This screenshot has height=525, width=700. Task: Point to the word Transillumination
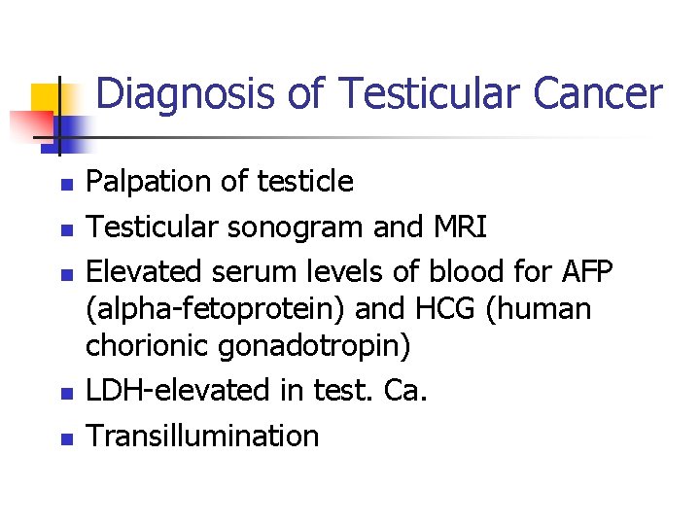(x=202, y=435)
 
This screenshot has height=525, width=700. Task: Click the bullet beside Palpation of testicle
(x=64, y=183)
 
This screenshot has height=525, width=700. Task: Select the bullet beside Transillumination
(x=64, y=437)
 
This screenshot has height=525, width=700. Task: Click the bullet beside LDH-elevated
(x=64, y=392)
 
